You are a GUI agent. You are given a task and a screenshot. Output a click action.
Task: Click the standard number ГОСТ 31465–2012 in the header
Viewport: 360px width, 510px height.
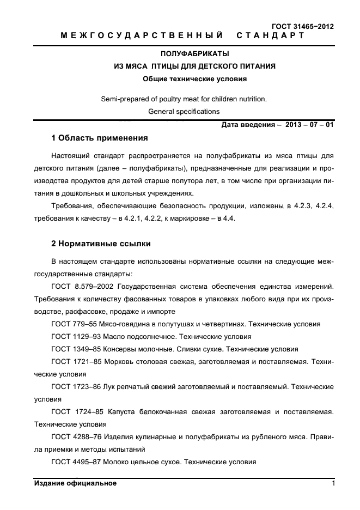[x=302, y=26]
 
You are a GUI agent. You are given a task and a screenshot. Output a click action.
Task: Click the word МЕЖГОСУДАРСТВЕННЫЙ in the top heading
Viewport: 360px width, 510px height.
[x=142, y=35]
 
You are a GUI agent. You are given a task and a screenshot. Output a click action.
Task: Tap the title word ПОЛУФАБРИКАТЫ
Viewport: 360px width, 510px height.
[x=194, y=54]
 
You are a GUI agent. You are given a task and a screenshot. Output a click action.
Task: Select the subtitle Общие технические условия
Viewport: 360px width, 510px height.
[x=194, y=78]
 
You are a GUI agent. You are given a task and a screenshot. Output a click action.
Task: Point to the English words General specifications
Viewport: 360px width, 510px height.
[x=184, y=111]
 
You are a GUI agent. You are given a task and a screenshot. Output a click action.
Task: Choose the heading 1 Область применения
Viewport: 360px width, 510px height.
[x=99, y=137]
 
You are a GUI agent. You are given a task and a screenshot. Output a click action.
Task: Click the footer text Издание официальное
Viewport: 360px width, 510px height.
[x=75, y=483]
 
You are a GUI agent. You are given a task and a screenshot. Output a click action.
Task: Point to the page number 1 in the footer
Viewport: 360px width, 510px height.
[x=332, y=483]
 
